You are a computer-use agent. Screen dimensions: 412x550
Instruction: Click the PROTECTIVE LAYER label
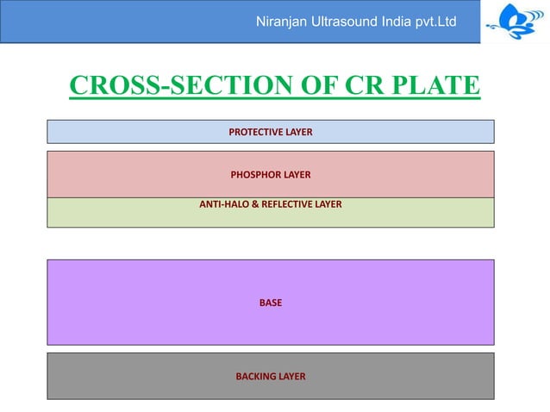[x=270, y=132]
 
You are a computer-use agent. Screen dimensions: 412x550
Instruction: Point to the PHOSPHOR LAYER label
[x=270, y=175]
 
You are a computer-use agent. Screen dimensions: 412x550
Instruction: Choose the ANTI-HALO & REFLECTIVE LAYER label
[x=270, y=204]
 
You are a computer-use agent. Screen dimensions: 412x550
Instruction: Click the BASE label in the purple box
[x=270, y=303]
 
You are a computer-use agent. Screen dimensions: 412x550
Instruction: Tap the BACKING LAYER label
[x=270, y=377]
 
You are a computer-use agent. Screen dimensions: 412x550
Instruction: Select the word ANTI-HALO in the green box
[x=222, y=204]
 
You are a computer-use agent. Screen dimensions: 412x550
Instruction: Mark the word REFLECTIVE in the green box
[x=286, y=204]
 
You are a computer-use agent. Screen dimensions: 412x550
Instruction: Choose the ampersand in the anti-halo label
[x=253, y=204]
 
